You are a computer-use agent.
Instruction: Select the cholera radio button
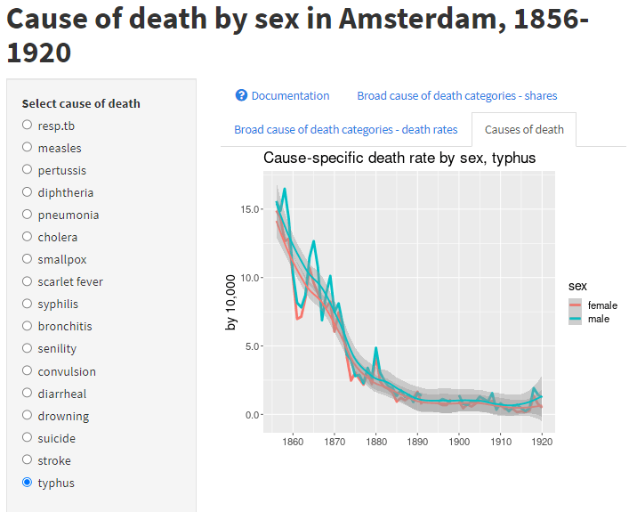pyautogui.click(x=28, y=237)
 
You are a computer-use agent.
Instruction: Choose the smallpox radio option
pyautogui.click(x=28, y=259)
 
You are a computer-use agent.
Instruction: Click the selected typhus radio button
pyautogui.click(x=28, y=483)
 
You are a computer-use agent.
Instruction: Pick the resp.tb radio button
pyautogui.click(x=28, y=125)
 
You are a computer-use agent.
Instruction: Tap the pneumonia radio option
pyautogui.click(x=28, y=215)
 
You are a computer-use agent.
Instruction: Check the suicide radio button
pyautogui.click(x=28, y=438)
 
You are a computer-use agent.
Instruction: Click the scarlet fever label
pyautogui.click(x=70, y=281)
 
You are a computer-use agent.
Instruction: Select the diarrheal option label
pyautogui.click(x=61, y=394)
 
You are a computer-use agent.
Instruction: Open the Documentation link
pyautogui.click(x=290, y=95)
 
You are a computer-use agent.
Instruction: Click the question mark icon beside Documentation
pyautogui.click(x=241, y=95)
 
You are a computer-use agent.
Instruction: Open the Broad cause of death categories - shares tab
pyautogui.click(x=456, y=95)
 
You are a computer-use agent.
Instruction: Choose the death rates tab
pyautogui.click(x=345, y=129)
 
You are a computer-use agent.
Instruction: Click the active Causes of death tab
pyautogui.click(x=524, y=129)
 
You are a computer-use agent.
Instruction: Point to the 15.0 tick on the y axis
pyautogui.click(x=250, y=209)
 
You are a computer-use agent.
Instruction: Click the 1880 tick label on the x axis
pyautogui.click(x=376, y=440)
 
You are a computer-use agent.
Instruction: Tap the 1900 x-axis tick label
pyautogui.click(x=459, y=440)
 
